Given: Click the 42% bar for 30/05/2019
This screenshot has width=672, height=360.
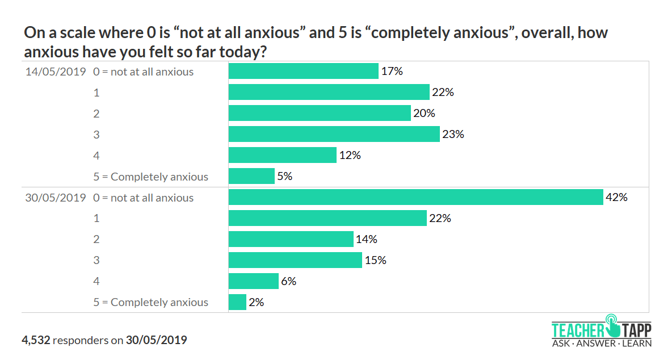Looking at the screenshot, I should [x=415, y=197].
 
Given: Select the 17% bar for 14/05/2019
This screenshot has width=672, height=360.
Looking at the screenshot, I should [x=303, y=71].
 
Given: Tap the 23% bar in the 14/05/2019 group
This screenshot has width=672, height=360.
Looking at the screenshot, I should [x=334, y=134].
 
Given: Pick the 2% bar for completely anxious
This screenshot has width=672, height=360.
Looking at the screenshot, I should [x=237, y=302].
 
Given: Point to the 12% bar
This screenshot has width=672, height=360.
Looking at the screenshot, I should [x=282, y=155].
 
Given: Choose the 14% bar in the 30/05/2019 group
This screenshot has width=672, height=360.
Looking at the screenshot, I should [x=291, y=239].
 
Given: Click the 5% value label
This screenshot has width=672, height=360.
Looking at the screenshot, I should [x=285, y=176].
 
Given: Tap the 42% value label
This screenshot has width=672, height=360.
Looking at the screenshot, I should [x=616, y=197].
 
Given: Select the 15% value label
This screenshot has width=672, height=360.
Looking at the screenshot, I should [x=375, y=260].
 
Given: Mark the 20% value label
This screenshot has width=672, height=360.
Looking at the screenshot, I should [x=424, y=113].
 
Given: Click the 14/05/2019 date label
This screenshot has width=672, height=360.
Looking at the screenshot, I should [x=55, y=72].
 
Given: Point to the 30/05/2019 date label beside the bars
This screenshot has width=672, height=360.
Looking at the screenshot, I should [x=55, y=198].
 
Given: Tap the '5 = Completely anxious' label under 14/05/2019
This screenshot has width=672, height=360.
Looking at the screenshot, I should [x=151, y=177].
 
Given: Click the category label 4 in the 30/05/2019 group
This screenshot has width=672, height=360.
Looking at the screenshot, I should [x=96, y=281].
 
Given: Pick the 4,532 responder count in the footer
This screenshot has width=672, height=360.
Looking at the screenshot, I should [x=36, y=340].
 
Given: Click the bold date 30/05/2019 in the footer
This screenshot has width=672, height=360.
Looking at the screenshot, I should [x=156, y=340].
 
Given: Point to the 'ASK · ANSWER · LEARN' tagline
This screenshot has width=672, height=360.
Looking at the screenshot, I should [x=602, y=343].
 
